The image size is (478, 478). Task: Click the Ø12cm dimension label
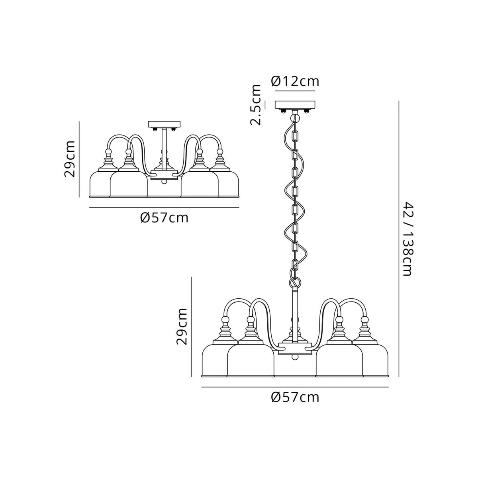tap(295, 81)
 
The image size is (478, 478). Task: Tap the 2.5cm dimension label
tap(256, 105)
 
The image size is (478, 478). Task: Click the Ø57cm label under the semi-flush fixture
tap(164, 218)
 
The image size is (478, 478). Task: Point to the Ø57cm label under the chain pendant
tap(295, 397)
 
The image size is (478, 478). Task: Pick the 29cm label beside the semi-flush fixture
tap(70, 159)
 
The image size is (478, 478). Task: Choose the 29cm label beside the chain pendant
tap(182, 326)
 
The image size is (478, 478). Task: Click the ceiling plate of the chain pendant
tap(295, 104)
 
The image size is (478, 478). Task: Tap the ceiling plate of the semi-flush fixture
tap(164, 124)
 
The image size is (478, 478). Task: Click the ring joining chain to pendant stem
tap(295, 282)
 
